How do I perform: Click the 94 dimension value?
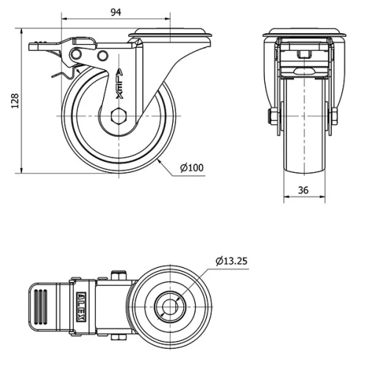[x=116, y=11]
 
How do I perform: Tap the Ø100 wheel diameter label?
[x=191, y=168]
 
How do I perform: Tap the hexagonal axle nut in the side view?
[x=118, y=116]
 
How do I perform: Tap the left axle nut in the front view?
[x=272, y=116]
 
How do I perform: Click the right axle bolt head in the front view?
[x=333, y=116]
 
